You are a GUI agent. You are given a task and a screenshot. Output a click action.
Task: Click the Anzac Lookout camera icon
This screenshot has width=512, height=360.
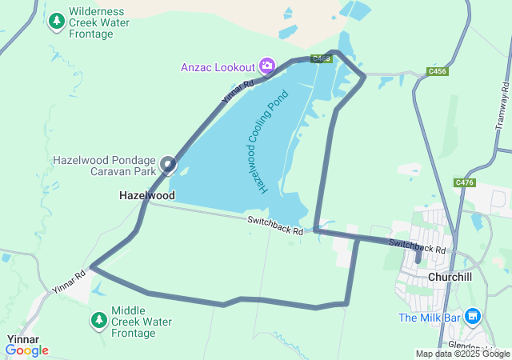point(267,66)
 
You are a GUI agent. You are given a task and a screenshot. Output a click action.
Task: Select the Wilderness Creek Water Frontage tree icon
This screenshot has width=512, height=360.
point(57,22)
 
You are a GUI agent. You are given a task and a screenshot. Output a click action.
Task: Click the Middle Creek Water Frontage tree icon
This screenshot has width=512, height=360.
point(99,321)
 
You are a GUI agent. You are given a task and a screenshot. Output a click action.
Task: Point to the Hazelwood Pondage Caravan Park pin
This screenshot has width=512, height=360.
point(168,165)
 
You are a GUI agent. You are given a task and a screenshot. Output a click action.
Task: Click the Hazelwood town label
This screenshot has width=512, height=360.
point(147,195)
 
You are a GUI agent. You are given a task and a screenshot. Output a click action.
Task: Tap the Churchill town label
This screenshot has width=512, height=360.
point(453,277)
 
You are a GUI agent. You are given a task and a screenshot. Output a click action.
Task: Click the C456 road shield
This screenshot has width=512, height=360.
point(438,71)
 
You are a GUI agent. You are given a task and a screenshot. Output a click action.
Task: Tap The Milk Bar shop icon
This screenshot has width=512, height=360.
point(473,318)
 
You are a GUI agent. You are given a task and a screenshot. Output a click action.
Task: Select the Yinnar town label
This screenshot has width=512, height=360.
point(22,339)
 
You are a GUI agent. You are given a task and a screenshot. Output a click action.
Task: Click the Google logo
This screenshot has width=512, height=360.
point(26,350)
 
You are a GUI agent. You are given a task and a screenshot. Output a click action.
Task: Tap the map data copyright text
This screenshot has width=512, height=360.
point(462,354)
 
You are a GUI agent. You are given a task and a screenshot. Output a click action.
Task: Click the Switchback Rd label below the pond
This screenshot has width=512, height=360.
point(275,226)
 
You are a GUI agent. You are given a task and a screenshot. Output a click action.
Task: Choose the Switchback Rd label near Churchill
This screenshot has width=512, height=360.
point(417,246)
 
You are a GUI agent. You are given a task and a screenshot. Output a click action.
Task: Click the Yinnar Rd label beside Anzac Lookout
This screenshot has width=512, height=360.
point(238,94)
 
